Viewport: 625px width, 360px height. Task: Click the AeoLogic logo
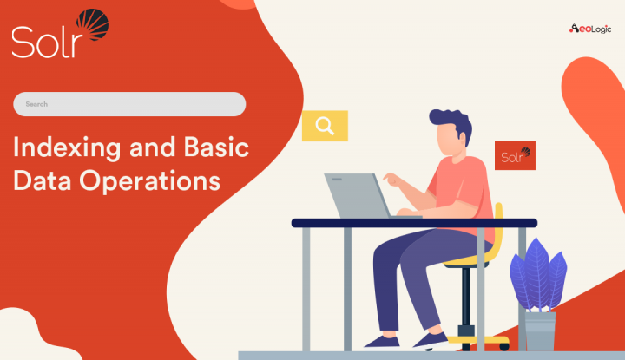tap(590, 28)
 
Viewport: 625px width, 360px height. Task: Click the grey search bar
tap(129, 104)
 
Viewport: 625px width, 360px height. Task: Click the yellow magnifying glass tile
tap(325, 126)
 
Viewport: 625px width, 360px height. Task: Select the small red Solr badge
tap(515, 155)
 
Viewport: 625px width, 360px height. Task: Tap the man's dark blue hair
tap(451, 126)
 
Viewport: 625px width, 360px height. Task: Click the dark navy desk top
tap(408, 223)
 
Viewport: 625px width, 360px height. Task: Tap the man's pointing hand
tap(391, 180)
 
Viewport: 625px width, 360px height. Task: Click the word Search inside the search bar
tap(36, 104)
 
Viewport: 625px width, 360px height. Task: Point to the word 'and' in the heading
tap(148, 147)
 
